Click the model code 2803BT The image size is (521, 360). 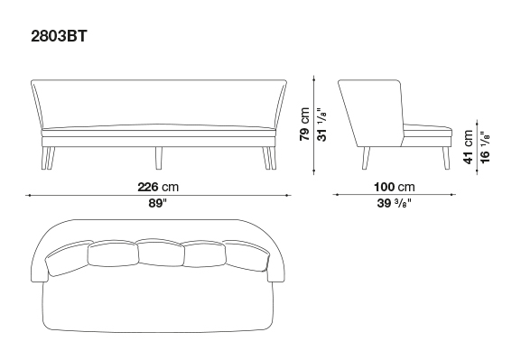click(x=59, y=36)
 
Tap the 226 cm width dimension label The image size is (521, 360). click(x=158, y=187)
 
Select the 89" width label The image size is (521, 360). click(x=157, y=203)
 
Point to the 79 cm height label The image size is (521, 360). click(x=304, y=124)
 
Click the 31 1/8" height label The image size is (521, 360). click(x=321, y=125)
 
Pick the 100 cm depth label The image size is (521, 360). click(x=395, y=187)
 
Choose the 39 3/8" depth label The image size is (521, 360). click(x=394, y=203)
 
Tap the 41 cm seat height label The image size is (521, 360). click(x=468, y=147)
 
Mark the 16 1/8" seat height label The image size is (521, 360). click(x=485, y=147)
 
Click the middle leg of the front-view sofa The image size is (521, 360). click(x=159, y=158)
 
